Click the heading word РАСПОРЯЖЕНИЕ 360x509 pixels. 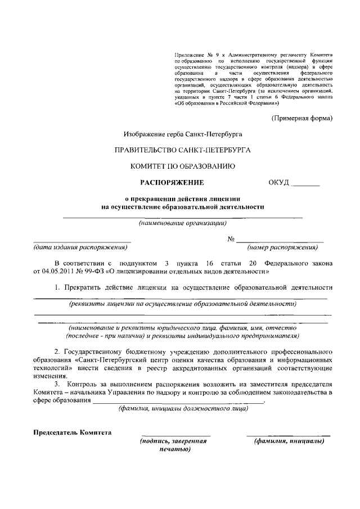[x=172, y=182]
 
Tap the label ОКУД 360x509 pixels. [x=280, y=182]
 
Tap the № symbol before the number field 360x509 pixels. [x=231, y=238]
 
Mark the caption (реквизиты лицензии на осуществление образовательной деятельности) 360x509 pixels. [x=182, y=304]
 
